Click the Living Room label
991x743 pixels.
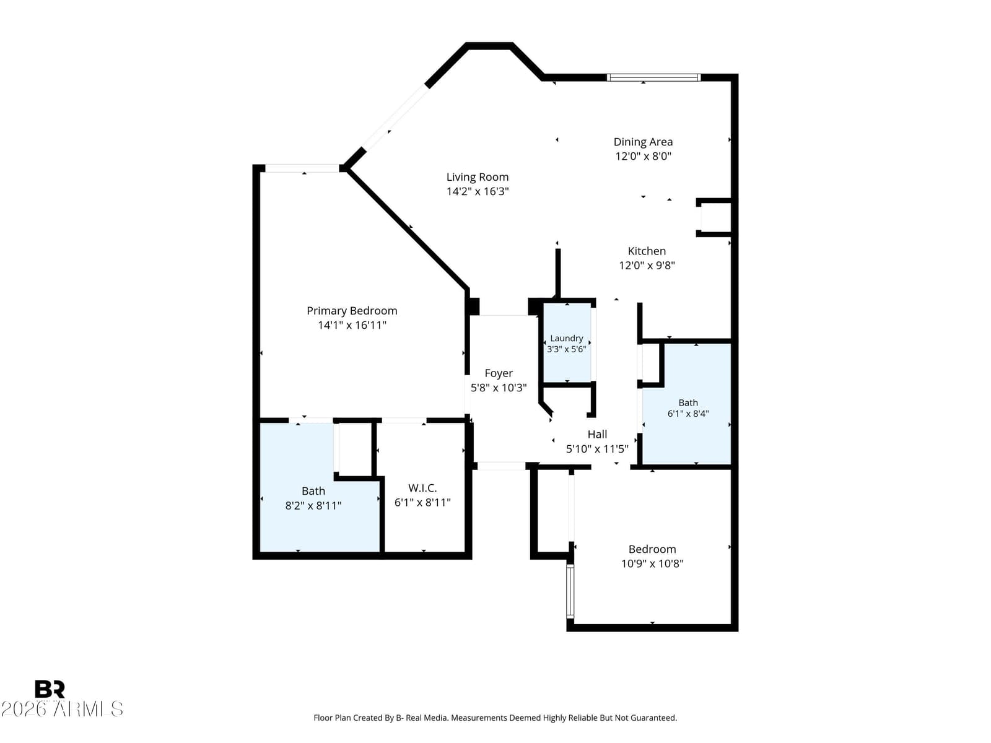477,177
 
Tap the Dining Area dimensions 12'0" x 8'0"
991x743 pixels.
643,156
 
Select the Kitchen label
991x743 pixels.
647,251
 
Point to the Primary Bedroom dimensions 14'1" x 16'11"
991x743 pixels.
352,325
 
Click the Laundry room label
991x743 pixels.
567,338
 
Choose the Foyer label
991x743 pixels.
499,373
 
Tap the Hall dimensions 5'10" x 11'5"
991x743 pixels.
597,449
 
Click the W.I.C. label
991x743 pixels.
422,488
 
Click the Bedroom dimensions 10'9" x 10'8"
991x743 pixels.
652,563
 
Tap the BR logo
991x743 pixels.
50,689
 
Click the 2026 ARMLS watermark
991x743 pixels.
62,709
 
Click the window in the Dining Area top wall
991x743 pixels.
653,77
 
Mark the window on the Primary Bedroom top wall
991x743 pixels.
302,168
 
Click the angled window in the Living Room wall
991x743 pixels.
396,116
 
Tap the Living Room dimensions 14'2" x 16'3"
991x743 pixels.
477,191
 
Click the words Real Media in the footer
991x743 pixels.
426,718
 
